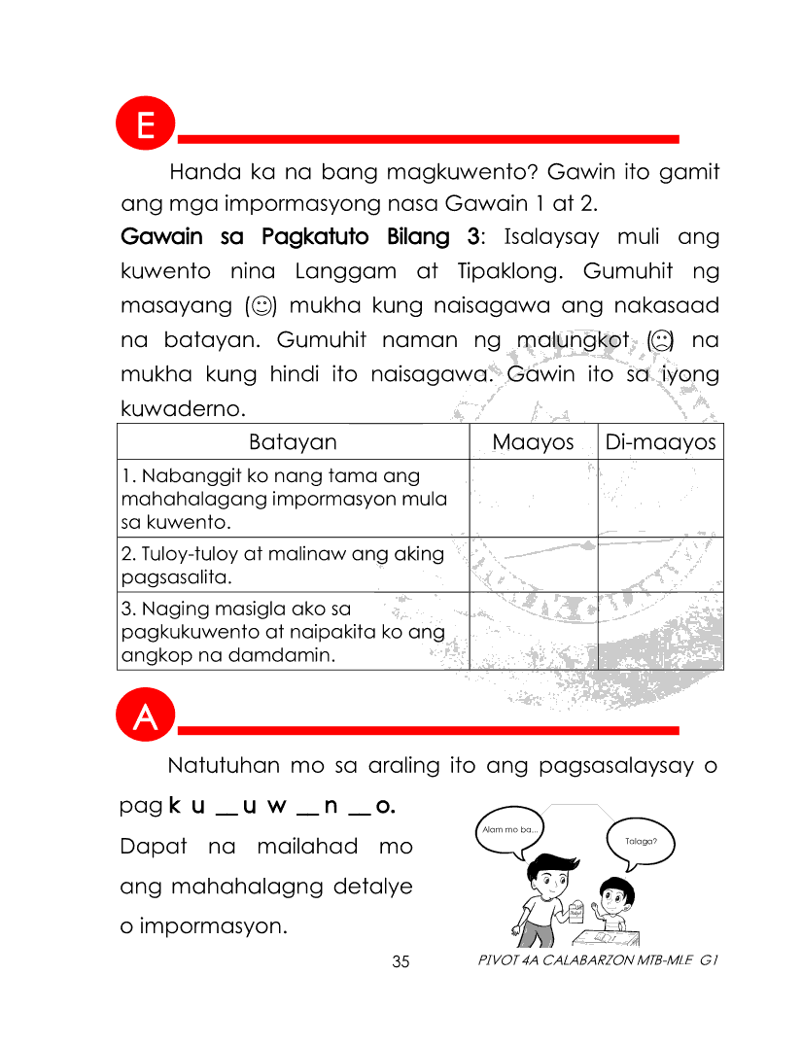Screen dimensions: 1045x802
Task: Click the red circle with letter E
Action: (x=145, y=126)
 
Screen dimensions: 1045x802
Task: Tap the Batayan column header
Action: (x=293, y=442)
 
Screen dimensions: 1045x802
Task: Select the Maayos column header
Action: (x=533, y=442)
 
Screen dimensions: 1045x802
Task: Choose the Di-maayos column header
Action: (x=660, y=442)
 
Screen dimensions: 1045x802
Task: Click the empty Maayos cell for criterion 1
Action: (x=533, y=499)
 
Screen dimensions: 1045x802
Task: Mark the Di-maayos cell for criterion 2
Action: (x=660, y=565)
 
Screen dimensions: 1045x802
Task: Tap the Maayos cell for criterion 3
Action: (x=533, y=631)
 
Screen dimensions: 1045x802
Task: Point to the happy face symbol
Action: (x=261, y=307)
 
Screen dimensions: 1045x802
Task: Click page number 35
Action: (x=401, y=962)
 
